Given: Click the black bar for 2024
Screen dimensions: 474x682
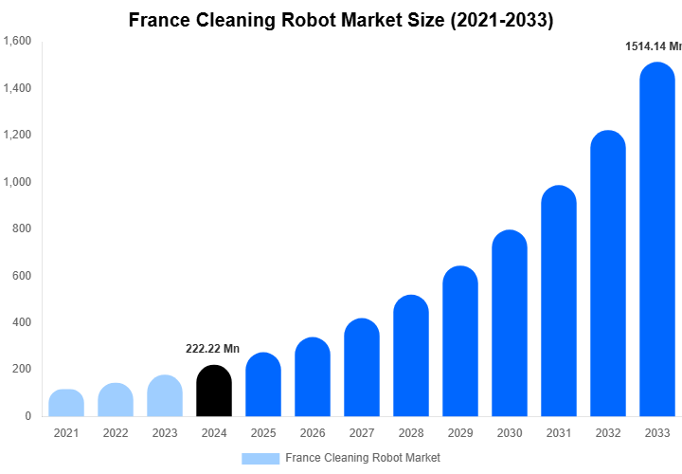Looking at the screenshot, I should (x=214, y=391).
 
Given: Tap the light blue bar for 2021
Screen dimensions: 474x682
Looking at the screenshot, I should (x=66, y=403).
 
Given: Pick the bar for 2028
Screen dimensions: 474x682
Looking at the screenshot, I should (x=411, y=355).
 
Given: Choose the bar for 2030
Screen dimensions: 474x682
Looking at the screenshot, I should (x=510, y=323).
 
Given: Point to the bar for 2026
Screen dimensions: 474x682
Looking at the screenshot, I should (x=313, y=376).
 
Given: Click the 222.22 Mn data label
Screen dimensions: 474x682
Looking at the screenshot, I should (x=212, y=349).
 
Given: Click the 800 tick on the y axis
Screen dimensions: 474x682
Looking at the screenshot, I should (x=23, y=228).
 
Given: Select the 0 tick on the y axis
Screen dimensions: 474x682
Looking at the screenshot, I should (x=28, y=416).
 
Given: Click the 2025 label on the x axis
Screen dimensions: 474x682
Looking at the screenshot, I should (x=263, y=433).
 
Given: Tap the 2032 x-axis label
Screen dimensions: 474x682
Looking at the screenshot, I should (x=608, y=433).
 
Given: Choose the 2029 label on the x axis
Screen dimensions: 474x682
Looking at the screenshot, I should (x=460, y=433).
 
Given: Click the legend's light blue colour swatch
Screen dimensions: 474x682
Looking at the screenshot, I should (x=260, y=458).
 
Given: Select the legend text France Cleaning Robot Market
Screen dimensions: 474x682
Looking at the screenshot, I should (x=363, y=458).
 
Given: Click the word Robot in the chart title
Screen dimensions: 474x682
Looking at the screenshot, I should (x=316, y=19).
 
